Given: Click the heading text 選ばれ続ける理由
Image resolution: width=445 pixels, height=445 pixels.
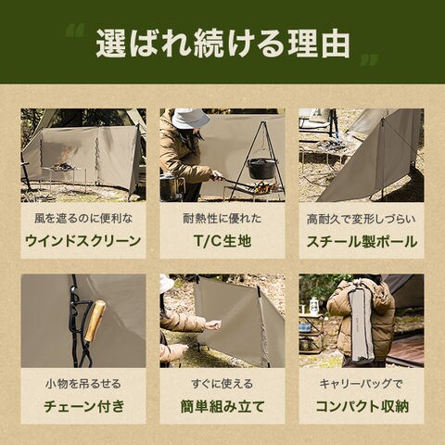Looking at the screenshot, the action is coord(223,44).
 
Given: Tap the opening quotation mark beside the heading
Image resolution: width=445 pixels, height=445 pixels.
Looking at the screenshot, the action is coord(76,31).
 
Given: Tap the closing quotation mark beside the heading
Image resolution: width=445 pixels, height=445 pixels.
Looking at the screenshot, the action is coord(369,60).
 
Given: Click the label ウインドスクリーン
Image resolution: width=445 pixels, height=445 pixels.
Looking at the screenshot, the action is coord(83,241).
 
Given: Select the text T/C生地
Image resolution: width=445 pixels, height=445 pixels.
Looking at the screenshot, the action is coord(222,241).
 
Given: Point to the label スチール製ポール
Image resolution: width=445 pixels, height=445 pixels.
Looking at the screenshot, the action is coord(362,242).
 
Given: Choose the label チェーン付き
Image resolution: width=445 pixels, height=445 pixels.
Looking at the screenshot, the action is coord(84,406).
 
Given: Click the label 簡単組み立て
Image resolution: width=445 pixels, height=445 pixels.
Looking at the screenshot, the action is coord(222,406).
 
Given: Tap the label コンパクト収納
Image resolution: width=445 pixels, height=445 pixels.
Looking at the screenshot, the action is coord(362,406).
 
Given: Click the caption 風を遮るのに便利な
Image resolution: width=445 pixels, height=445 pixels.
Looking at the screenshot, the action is coord(83,219).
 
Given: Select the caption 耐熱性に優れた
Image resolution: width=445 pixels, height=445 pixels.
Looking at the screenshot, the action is coord(222,219).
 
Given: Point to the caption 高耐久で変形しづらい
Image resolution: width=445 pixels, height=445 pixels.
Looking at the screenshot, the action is coord(362,219).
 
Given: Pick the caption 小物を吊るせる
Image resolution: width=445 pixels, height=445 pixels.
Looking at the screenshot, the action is coord(83,384).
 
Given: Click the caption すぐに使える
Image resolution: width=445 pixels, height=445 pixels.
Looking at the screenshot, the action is coord(222,384).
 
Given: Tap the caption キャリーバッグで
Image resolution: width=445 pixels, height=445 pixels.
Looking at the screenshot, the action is coord(362,384).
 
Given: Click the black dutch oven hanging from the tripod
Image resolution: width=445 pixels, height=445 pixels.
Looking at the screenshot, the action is coord(261,169).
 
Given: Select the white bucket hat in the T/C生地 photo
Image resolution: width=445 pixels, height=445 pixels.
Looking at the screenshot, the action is coord(186,118).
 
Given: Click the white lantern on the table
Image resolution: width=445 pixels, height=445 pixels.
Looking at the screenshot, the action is coord(314,306).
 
